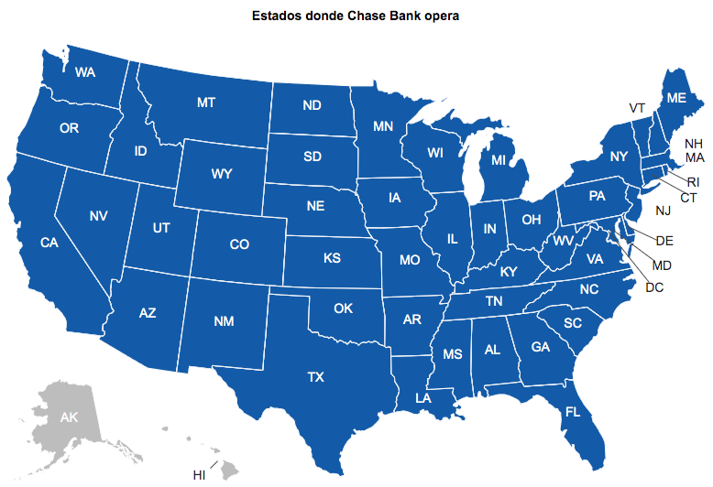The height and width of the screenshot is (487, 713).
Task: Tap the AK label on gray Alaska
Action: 70,417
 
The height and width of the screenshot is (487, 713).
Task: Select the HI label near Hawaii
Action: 199,475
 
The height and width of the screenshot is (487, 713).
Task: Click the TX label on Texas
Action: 315,376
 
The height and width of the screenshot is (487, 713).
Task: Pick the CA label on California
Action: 49,243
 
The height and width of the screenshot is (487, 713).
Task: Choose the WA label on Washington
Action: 86,72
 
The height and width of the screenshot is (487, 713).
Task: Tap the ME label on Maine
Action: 676,97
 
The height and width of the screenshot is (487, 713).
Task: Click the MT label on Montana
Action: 206,103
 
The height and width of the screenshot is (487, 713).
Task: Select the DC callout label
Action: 654,287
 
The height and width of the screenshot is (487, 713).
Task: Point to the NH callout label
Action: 694,144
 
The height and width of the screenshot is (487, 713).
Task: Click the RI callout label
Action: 693,182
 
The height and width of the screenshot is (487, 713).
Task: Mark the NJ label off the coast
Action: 664,211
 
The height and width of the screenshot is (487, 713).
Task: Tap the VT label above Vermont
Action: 638,108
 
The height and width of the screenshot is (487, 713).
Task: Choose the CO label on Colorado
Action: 239,244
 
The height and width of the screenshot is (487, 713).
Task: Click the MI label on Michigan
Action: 499,160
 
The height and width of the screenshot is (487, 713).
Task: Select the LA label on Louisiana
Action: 422,398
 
